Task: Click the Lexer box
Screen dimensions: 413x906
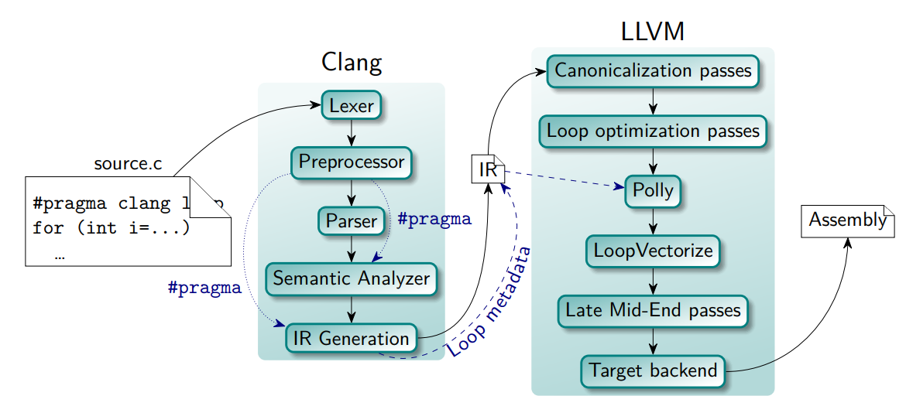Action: tap(352, 106)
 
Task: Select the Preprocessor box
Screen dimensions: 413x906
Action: tap(352, 162)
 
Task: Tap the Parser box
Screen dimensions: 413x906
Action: tap(352, 220)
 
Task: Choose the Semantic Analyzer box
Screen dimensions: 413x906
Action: tap(352, 278)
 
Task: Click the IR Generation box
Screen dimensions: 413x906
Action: tap(352, 338)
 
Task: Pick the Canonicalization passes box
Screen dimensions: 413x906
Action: tap(653, 71)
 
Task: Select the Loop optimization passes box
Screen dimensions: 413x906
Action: tap(653, 131)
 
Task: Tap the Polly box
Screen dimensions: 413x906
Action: tap(653, 190)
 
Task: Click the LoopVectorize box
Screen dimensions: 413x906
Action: tap(653, 251)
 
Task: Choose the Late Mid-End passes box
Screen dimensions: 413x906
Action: tap(653, 310)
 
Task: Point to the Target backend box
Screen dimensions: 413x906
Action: tap(653, 370)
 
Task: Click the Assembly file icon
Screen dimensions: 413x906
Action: tap(847, 220)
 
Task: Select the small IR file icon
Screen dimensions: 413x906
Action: tap(488, 170)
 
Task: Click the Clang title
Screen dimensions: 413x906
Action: tap(352, 63)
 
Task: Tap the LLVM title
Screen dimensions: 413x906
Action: tap(653, 32)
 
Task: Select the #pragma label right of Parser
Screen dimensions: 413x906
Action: tap(434, 219)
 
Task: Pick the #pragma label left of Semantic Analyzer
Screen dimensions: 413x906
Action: tap(204, 288)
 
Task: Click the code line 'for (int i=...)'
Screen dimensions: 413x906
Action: tap(111, 229)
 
